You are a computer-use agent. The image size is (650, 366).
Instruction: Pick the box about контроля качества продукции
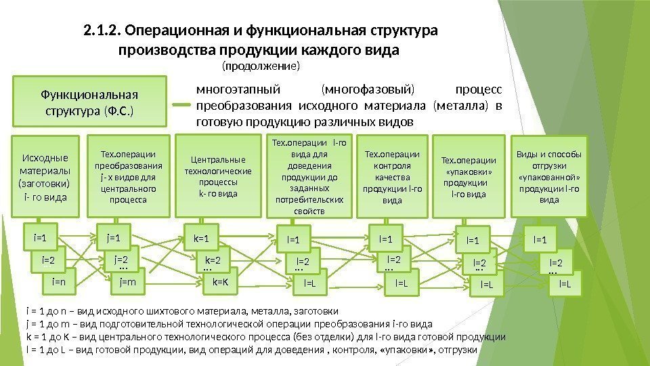tap(392, 177)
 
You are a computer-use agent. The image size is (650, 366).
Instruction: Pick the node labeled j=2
tap(121, 259)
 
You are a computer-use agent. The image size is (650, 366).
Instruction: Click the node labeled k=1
tap(202, 238)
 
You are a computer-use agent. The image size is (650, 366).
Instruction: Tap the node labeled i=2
tap(48, 259)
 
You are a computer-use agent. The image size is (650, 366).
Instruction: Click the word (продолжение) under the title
tap(261, 67)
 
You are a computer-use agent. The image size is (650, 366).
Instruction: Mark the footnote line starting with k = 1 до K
tap(264, 336)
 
